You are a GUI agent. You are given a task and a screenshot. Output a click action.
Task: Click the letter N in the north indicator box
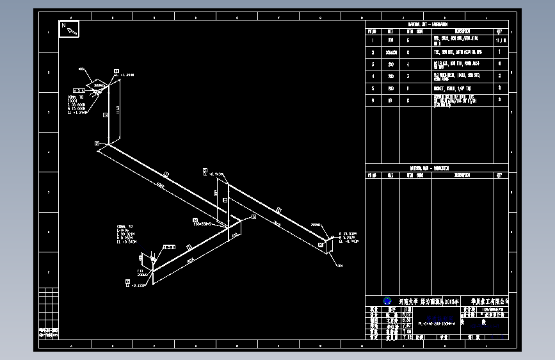[x=63, y=26]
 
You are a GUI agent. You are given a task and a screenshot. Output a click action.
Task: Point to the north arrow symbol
[x=72, y=30]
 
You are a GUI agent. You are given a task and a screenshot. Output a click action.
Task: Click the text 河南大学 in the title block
[x=409, y=300]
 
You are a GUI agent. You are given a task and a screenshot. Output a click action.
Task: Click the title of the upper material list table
[x=428, y=24]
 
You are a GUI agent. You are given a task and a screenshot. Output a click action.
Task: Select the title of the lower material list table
[x=428, y=168]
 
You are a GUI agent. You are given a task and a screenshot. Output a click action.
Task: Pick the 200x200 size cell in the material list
[x=390, y=52]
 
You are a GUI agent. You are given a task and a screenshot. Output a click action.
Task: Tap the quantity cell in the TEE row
[x=500, y=52]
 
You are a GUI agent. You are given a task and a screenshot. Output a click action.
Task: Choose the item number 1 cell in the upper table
[x=372, y=40]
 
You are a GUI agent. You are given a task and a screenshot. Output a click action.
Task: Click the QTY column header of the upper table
[x=500, y=31]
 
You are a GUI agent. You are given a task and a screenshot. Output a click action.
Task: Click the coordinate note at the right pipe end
[x=348, y=236]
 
